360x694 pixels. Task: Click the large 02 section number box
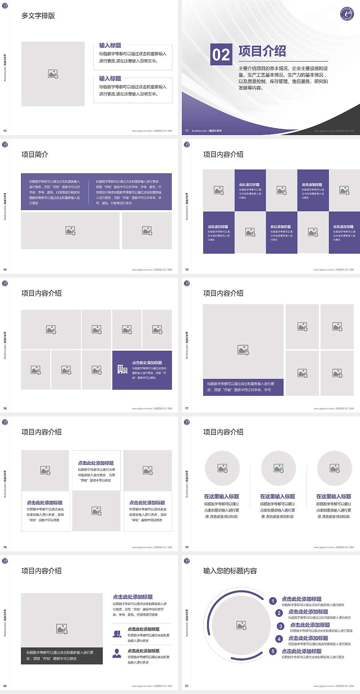coord(221,54)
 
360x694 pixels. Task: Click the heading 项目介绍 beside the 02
coord(262,51)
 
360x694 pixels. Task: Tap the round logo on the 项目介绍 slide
coord(347,14)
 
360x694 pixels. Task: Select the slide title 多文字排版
coord(38,16)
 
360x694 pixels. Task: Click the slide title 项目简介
coord(35,155)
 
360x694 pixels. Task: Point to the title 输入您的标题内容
coord(230,571)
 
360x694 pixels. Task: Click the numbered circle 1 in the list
coord(273,601)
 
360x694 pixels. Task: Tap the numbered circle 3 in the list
coord(280,626)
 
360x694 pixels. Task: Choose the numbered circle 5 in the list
coord(273,651)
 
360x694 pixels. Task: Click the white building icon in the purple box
coord(122,370)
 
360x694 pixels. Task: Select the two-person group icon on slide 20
coord(117,634)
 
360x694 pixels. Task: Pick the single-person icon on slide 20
coord(117,653)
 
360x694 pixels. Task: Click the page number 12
coord(5,131)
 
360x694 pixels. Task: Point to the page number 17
coord(187,409)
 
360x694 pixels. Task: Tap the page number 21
coord(187,686)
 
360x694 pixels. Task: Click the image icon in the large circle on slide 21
coord(241,625)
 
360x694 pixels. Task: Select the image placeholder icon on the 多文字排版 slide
coord(53,74)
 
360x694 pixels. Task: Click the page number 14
coord(5,270)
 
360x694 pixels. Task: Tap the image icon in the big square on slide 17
coord(243,350)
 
